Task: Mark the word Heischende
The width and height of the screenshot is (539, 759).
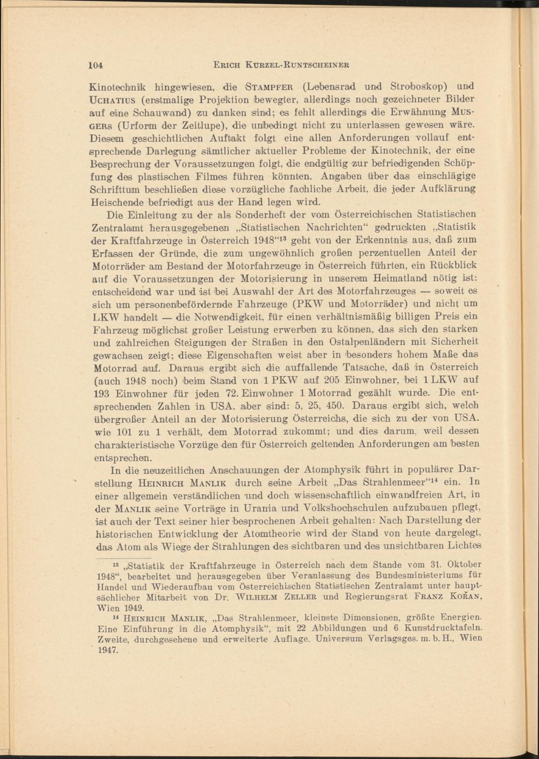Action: point(114,203)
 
